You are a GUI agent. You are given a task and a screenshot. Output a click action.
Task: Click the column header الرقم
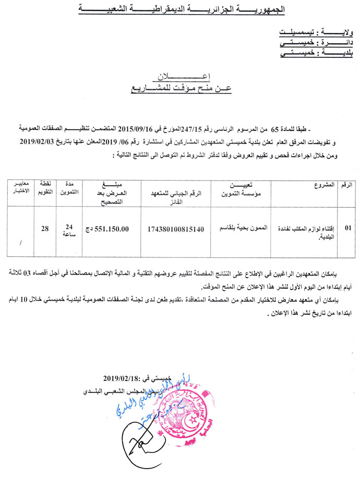click(x=346, y=185)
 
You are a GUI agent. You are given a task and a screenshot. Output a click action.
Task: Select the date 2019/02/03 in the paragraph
click(x=40, y=141)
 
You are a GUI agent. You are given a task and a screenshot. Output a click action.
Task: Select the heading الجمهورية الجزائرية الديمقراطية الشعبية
click(x=180, y=9)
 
